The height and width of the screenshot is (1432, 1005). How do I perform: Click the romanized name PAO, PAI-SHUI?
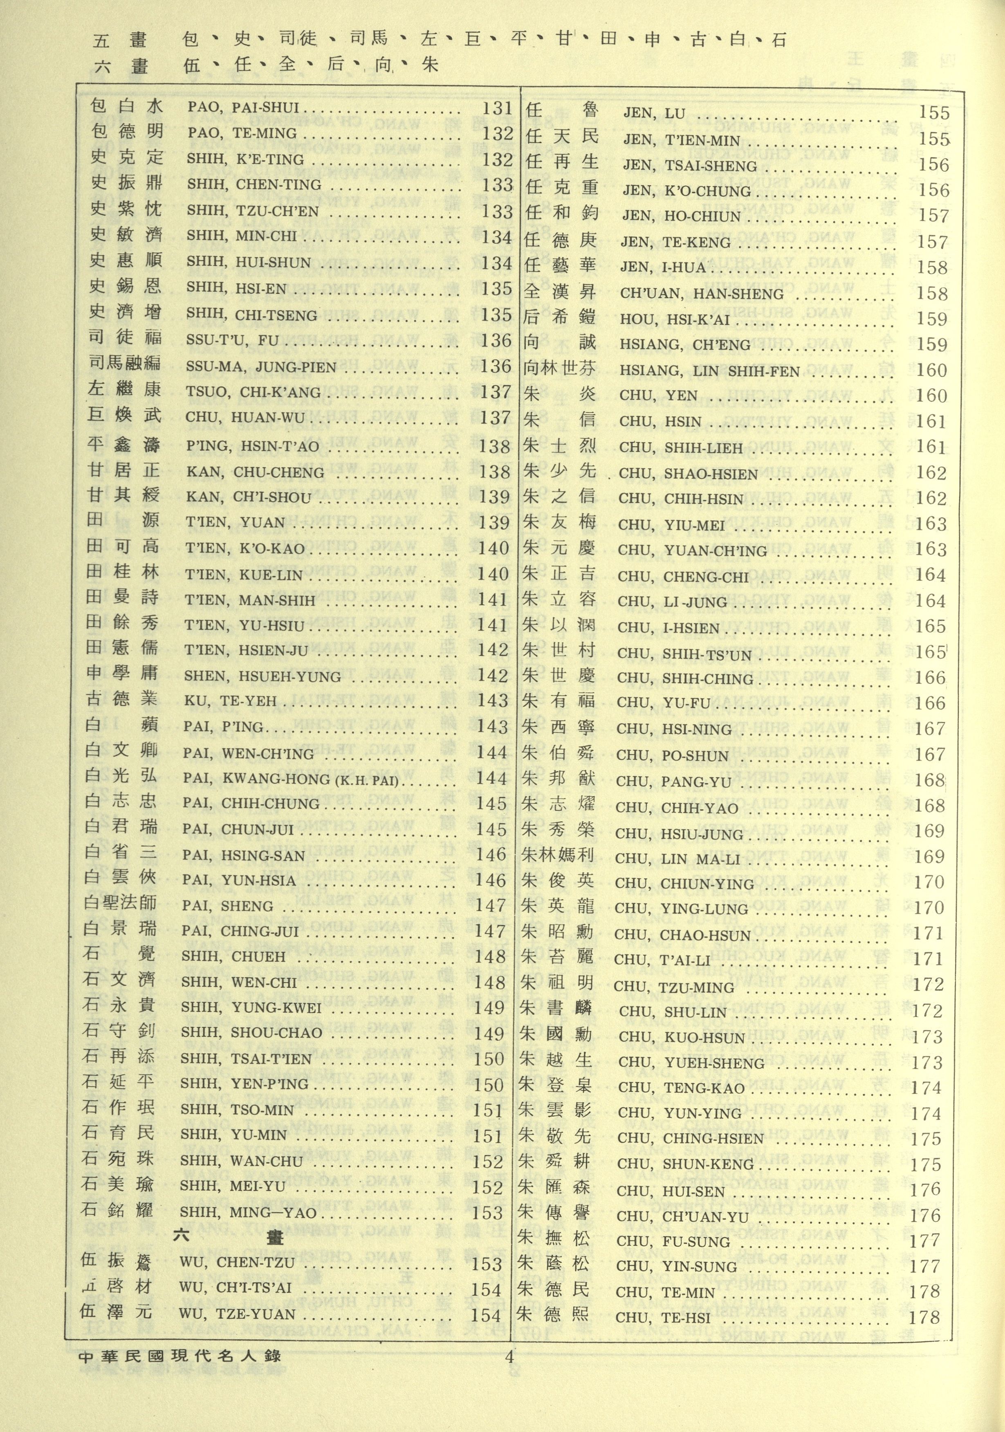pyautogui.click(x=243, y=108)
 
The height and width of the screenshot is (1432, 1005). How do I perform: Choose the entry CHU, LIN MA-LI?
pyautogui.click(x=677, y=859)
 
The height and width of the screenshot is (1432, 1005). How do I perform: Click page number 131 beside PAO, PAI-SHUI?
pyautogui.click(x=497, y=108)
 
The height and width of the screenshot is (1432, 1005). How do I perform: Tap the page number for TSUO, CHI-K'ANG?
pyautogui.click(x=496, y=392)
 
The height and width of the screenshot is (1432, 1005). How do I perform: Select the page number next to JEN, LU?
pyautogui.click(x=934, y=113)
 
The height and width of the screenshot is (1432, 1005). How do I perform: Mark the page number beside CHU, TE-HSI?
pyautogui.click(x=924, y=1317)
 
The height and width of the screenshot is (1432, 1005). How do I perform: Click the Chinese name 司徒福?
pyautogui.click(x=125, y=339)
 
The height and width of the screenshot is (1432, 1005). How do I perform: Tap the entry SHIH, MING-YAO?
pyautogui.click(x=248, y=1213)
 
